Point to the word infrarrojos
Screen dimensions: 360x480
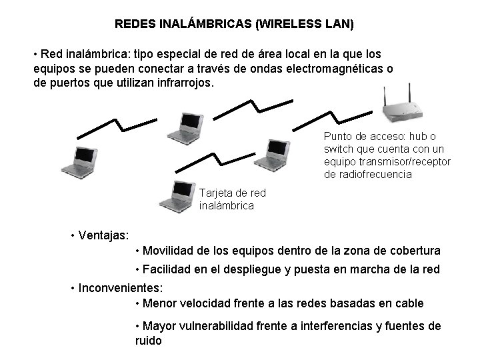179,84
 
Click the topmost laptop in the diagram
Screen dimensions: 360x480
185,127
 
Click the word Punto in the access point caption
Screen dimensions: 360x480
337,136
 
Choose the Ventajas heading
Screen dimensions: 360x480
103,235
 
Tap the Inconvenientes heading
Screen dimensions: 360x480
120,289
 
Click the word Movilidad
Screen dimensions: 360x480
167,251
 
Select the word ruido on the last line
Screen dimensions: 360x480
148,340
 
